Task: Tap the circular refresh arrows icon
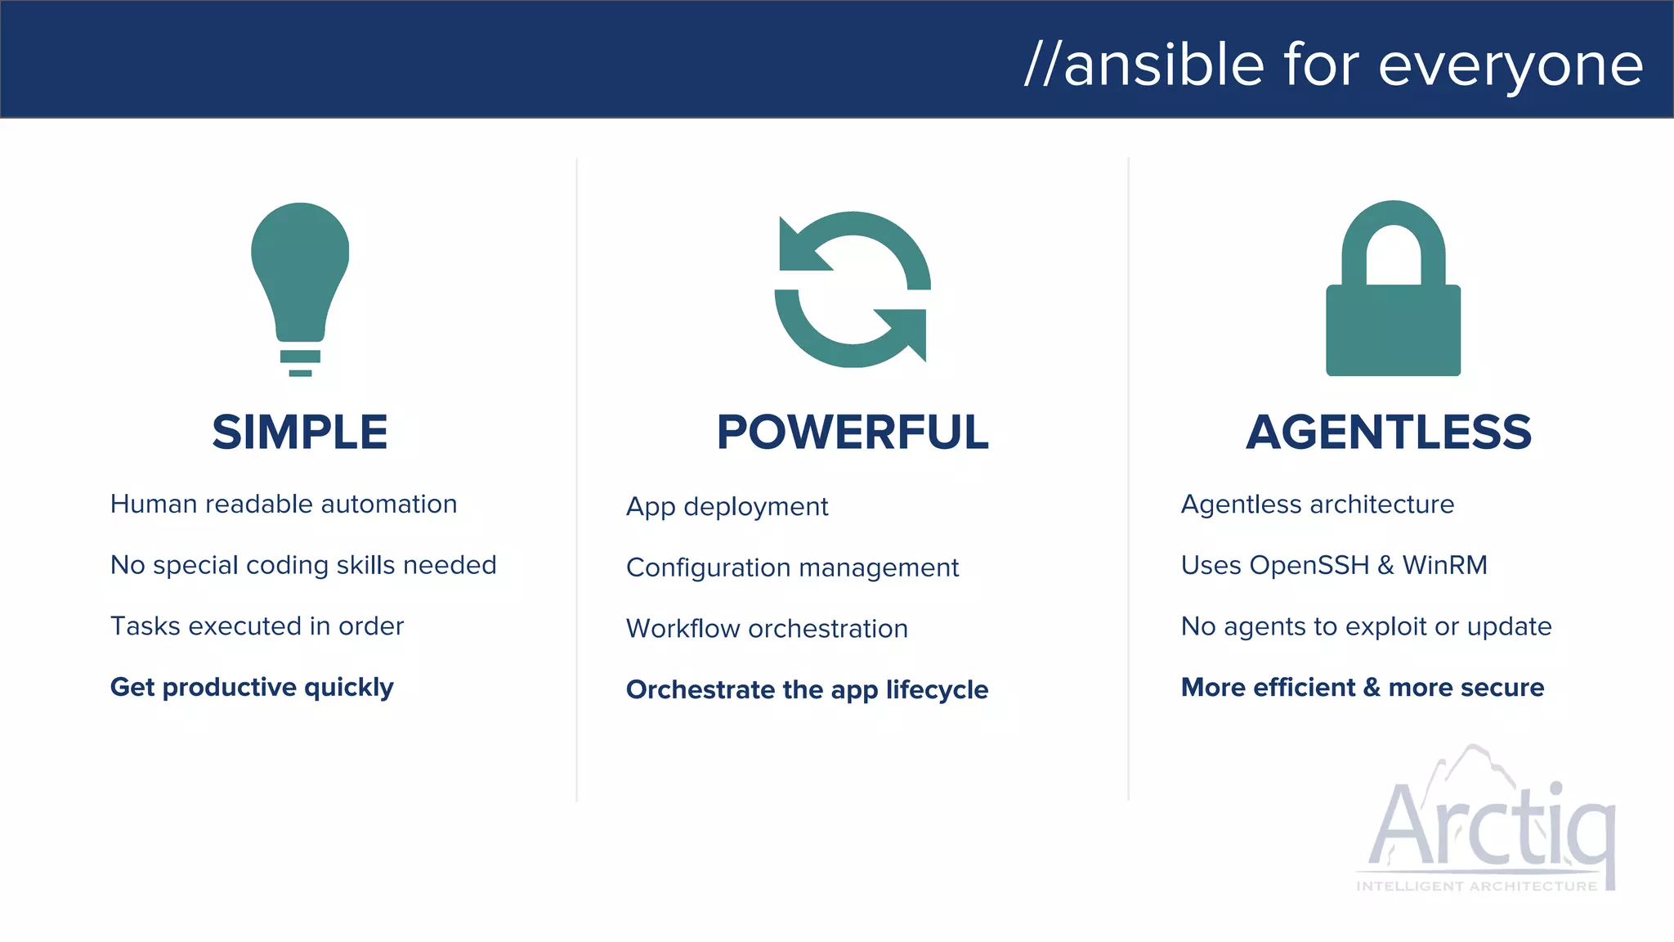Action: tap(853, 289)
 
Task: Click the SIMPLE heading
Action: tap(300, 432)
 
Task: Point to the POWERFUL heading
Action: tap(853, 432)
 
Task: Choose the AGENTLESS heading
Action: tap(1389, 432)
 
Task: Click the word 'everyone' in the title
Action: tap(1511, 65)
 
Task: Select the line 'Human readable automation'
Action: tap(284, 505)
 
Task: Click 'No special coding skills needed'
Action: tap(303, 565)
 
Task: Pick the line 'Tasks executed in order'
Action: tap(257, 626)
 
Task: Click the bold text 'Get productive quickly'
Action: tap(252, 688)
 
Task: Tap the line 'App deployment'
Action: tap(727, 507)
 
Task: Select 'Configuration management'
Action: tap(792, 567)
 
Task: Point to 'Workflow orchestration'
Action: tap(767, 629)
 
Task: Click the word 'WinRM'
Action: tap(1444, 565)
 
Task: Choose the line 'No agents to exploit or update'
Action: tap(1366, 626)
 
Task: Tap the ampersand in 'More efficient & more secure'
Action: tap(1372, 688)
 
